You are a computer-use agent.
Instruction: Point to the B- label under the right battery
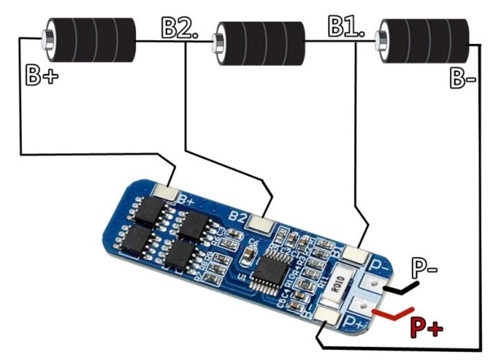tap(463, 78)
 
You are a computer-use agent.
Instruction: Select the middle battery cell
tap(259, 42)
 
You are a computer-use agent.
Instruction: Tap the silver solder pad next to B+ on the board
tap(168, 192)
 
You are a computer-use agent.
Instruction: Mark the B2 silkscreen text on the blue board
tap(237, 215)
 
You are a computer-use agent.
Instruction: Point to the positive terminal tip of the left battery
tap(45, 36)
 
